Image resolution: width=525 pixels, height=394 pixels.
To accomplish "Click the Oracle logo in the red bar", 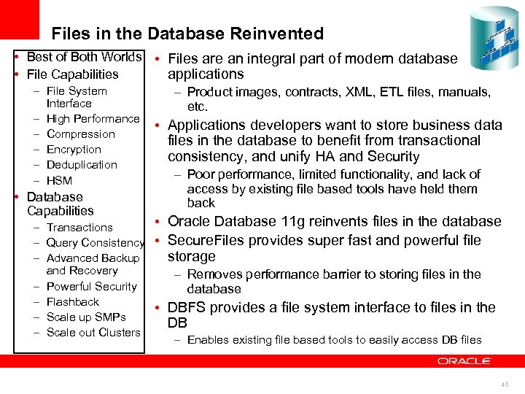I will click(464, 360).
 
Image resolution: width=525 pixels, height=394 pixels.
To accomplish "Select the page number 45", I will click(505, 385).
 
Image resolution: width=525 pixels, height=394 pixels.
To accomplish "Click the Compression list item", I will click(80, 134).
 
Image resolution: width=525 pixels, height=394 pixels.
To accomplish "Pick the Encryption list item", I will click(74, 150).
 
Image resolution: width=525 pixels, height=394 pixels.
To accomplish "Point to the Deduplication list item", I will click(82, 165).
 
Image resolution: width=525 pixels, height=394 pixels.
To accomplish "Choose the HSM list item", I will click(59, 180).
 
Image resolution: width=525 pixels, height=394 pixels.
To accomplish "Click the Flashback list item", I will click(72, 302).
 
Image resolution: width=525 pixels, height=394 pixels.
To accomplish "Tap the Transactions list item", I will click(79, 228).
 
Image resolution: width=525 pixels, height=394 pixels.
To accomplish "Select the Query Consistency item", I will click(95, 243).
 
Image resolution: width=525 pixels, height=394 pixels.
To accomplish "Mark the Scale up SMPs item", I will click(86, 317).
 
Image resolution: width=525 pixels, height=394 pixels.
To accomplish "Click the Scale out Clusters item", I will click(93, 333).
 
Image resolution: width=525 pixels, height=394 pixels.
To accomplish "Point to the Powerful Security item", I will click(91, 287).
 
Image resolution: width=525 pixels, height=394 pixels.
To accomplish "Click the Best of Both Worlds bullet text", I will click(83, 57).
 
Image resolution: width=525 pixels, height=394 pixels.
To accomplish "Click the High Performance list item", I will click(93, 119).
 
